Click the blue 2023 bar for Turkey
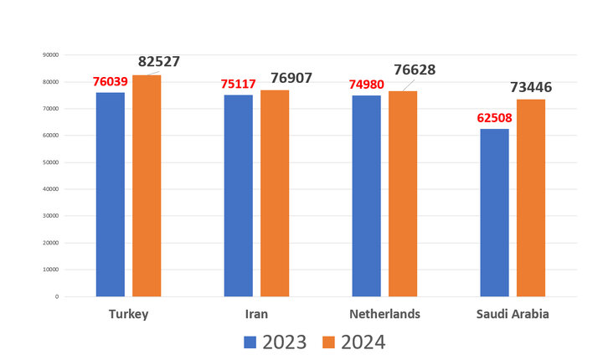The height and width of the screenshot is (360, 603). click(111, 194)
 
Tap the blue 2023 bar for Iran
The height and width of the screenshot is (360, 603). click(239, 196)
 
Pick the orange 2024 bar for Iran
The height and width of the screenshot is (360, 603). click(275, 193)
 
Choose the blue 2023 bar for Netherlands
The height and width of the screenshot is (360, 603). click(366, 196)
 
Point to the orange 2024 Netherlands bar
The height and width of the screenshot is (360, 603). click(402, 193)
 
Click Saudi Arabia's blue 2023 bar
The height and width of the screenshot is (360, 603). click(494, 213)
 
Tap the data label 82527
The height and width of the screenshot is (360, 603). click(158, 61)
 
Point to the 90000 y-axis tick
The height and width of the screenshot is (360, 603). click(50, 55)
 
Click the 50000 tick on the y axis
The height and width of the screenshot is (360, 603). click(50, 162)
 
